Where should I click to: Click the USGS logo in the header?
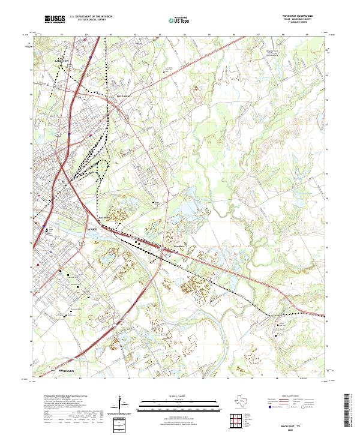click(x=55, y=20)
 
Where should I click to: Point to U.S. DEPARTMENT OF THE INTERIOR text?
click(x=91, y=17)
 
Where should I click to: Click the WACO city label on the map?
click(x=92, y=230)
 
